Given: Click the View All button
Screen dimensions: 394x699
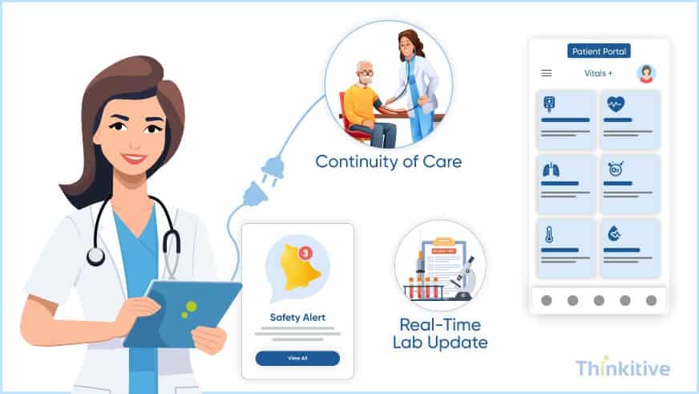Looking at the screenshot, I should [x=297, y=358].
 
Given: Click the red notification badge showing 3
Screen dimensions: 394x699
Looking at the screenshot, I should [x=305, y=253].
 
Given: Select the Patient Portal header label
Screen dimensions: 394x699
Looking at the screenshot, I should [x=599, y=51].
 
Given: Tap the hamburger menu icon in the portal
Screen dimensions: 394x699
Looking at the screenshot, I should [x=547, y=73].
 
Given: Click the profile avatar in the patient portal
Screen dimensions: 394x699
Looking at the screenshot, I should [x=646, y=74].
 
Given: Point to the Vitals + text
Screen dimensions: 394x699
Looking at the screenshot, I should [x=599, y=73].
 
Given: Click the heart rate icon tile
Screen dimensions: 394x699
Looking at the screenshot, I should [x=616, y=104].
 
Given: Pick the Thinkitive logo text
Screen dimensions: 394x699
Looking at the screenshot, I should [x=623, y=368].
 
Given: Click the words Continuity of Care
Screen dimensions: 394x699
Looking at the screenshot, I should [x=388, y=161].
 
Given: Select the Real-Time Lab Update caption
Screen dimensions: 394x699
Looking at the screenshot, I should [x=440, y=334].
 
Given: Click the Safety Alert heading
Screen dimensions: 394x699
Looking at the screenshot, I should [x=297, y=317].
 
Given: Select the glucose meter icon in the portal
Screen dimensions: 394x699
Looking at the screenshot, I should [x=549, y=104].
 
